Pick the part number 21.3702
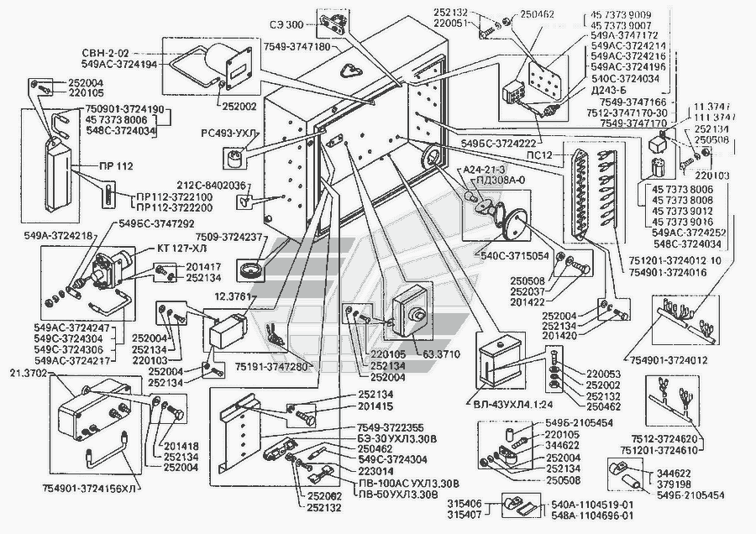coord(28,372)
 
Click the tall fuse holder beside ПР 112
coord(61,171)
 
